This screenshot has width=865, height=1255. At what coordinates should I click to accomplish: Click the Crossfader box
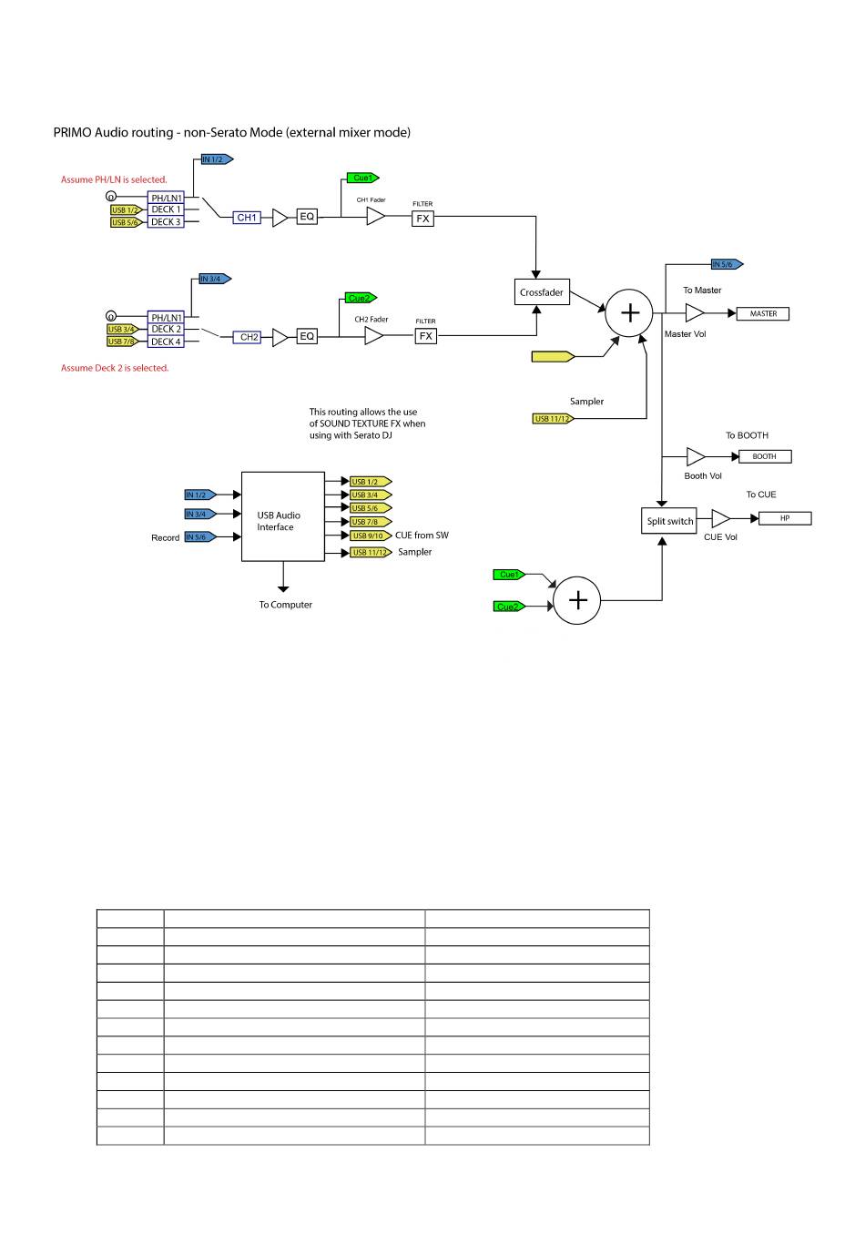pos(542,292)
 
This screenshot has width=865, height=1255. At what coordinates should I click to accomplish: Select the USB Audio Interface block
pos(283,516)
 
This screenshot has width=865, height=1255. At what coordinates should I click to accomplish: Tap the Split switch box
pos(669,521)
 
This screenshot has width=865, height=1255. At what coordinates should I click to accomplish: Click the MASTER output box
pos(762,313)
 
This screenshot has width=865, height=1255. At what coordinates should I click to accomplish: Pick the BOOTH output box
pos(765,456)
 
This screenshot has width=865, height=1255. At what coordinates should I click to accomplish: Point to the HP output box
pos(785,518)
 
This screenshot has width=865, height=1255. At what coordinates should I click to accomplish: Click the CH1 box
pos(247,218)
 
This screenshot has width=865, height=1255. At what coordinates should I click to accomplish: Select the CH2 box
pos(247,337)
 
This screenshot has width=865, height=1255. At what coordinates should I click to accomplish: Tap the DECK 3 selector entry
pos(166,222)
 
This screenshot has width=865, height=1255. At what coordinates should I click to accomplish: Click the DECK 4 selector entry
pos(166,342)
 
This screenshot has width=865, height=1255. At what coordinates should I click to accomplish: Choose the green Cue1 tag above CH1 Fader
pos(362,178)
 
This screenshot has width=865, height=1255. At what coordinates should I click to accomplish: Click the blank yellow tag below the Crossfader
pos(553,356)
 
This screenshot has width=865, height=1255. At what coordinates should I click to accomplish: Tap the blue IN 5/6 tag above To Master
pos(728,264)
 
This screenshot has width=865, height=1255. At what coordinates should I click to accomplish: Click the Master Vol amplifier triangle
pos(695,313)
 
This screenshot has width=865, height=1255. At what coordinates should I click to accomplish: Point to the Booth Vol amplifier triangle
pos(696,456)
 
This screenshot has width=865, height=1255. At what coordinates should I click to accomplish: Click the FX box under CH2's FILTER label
pos(426,335)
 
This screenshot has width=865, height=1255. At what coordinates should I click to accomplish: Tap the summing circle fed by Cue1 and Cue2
pos(577,600)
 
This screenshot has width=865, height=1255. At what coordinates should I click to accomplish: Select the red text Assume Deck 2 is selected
pos(115,368)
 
